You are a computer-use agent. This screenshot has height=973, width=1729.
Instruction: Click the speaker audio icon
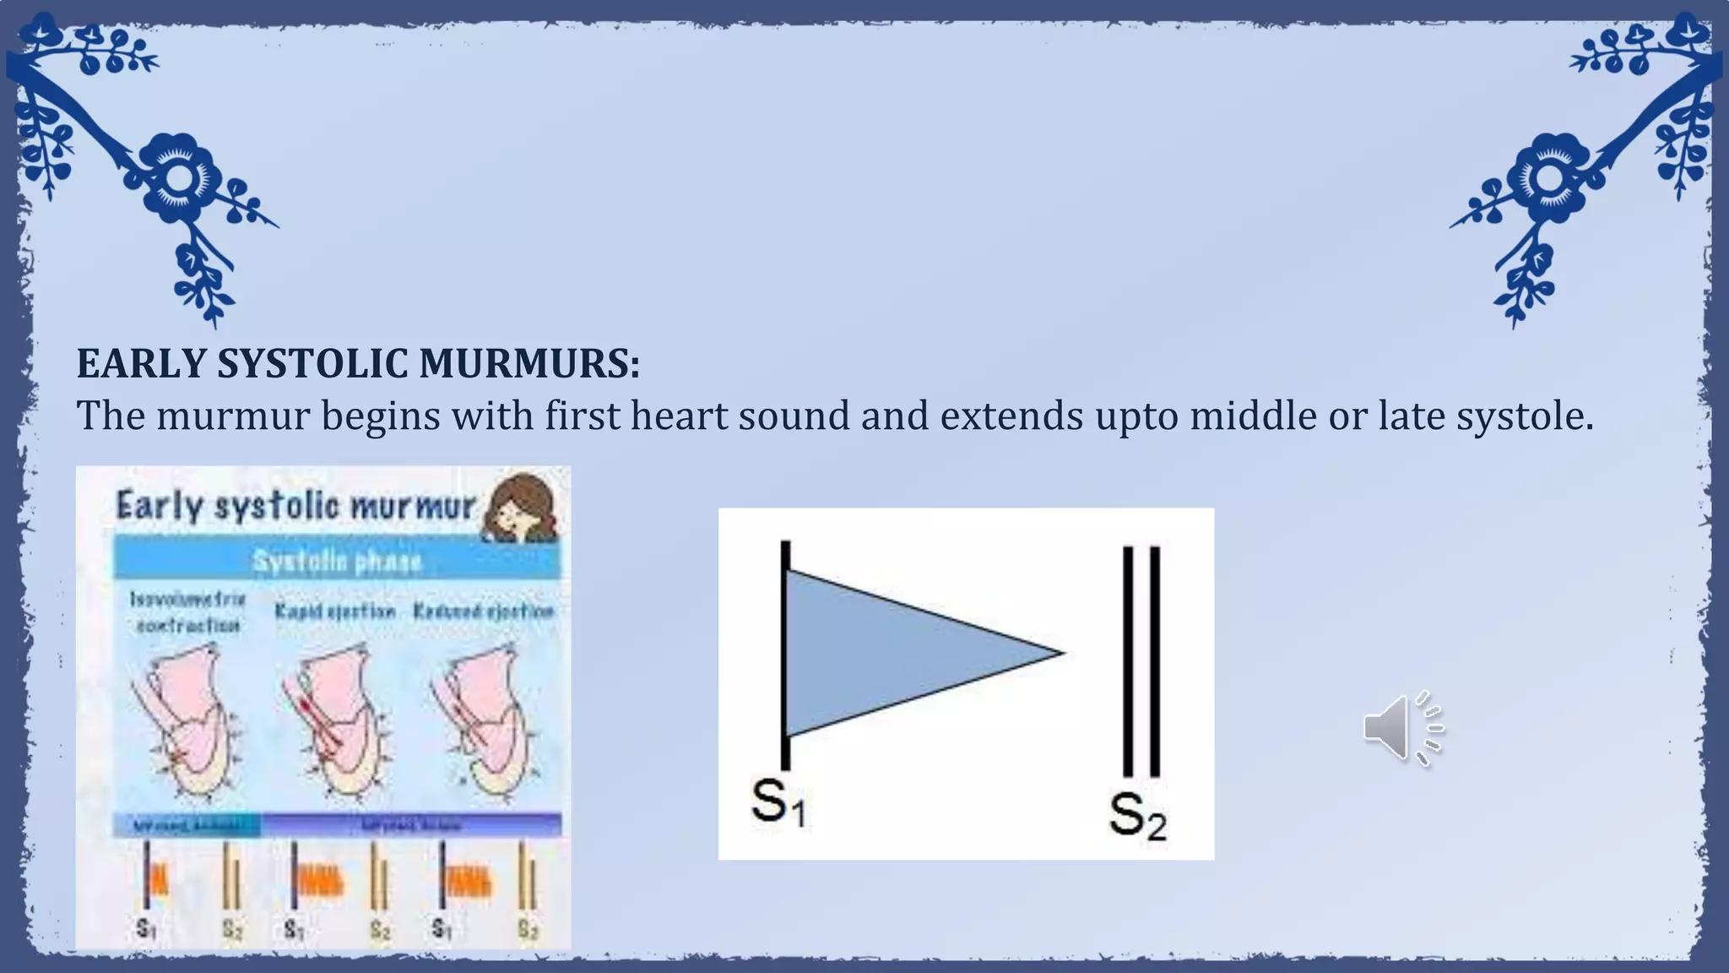(1402, 728)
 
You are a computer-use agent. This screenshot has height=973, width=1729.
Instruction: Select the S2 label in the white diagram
(1137, 815)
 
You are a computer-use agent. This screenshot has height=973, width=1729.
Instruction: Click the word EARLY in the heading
(141, 364)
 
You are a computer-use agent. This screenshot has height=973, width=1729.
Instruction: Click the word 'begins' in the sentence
(380, 416)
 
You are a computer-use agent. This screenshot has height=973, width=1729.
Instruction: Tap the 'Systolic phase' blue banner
(337, 561)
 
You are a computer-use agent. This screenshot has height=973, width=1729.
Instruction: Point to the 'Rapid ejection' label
(335, 611)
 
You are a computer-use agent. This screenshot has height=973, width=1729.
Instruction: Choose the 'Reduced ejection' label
(483, 611)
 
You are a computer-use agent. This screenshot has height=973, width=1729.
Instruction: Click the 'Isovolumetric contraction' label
(187, 612)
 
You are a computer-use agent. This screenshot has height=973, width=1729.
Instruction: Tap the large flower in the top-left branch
(178, 176)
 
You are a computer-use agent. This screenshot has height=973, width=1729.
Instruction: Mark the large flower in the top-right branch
(1548, 176)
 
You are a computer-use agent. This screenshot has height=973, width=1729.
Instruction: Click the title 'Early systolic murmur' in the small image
(295, 506)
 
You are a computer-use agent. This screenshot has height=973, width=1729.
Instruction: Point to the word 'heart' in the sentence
(679, 416)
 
